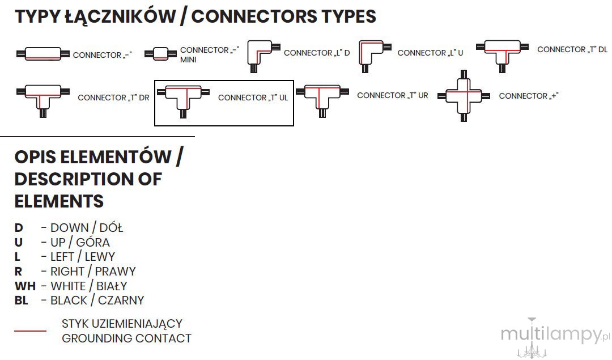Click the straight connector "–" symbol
point(43,54)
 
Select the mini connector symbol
point(160,53)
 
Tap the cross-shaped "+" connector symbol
point(464,96)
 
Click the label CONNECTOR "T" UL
point(253,98)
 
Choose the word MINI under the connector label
point(188,60)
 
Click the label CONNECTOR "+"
point(529,96)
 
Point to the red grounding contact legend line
point(31,331)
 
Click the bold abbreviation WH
point(25,286)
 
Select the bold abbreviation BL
point(22,300)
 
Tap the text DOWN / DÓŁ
point(87,228)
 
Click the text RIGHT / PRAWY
point(93,272)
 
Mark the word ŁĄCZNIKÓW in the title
point(120,16)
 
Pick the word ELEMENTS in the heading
point(59,201)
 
